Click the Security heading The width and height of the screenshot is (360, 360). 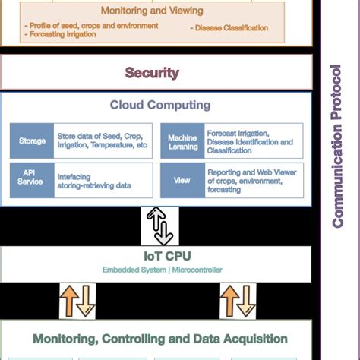pos(152,74)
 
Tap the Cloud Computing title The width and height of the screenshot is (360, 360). pos(160,106)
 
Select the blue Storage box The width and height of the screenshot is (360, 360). pos(32,141)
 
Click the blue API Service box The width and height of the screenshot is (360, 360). pos(32,179)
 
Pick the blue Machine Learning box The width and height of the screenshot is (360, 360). pos(182,141)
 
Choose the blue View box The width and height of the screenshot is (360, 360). pos(182,181)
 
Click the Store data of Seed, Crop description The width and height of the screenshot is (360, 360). pos(102,141)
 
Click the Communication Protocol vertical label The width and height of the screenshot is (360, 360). pos(337,146)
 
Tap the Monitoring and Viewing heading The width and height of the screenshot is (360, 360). pos(152,11)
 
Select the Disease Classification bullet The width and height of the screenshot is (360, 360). pos(230,28)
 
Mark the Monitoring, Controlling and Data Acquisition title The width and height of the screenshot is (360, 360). pos(160,339)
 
